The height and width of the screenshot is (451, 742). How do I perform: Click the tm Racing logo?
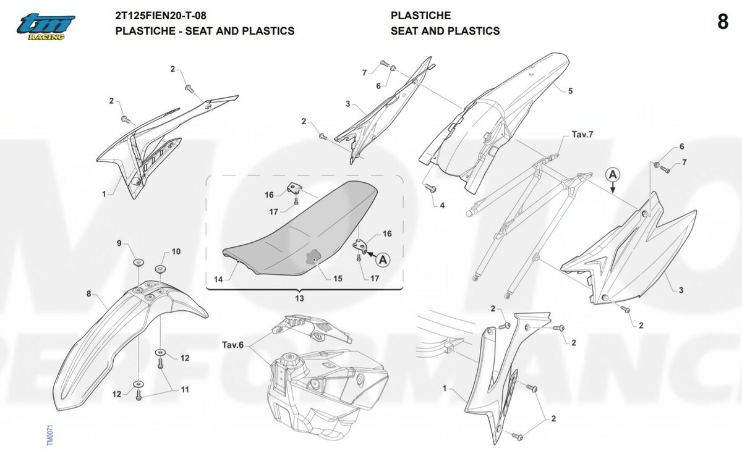(x=46, y=27)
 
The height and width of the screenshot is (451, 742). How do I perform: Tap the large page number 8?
(x=723, y=22)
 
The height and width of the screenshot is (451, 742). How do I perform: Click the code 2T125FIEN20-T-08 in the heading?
(x=161, y=15)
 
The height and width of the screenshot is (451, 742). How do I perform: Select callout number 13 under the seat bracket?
(x=299, y=298)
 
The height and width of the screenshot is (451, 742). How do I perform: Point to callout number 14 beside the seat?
(x=218, y=280)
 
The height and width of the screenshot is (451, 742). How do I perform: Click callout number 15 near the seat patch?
(x=338, y=279)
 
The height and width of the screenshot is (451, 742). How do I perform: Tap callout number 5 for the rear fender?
(x=570, y=91)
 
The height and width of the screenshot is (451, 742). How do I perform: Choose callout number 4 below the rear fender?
(x=442, y=206)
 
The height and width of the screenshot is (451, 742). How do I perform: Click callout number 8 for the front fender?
(x=89, y=294)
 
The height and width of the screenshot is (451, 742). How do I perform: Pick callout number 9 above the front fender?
(x=119, y=243)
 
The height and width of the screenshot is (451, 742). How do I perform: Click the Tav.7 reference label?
(x=582, y=135)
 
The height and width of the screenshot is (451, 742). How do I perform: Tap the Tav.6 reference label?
(x=232, y=345)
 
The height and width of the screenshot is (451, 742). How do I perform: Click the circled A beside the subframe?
(x=613, y=174)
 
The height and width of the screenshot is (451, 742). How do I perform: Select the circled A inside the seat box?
(x=383, y=259)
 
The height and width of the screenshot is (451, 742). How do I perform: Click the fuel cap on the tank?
(x=289, y=361)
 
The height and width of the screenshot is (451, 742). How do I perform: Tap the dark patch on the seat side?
(x=313, y=258)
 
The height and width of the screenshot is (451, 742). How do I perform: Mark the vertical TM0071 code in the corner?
(x=49, y=435)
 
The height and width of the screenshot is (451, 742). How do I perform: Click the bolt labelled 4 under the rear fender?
(x=430, y=188)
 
